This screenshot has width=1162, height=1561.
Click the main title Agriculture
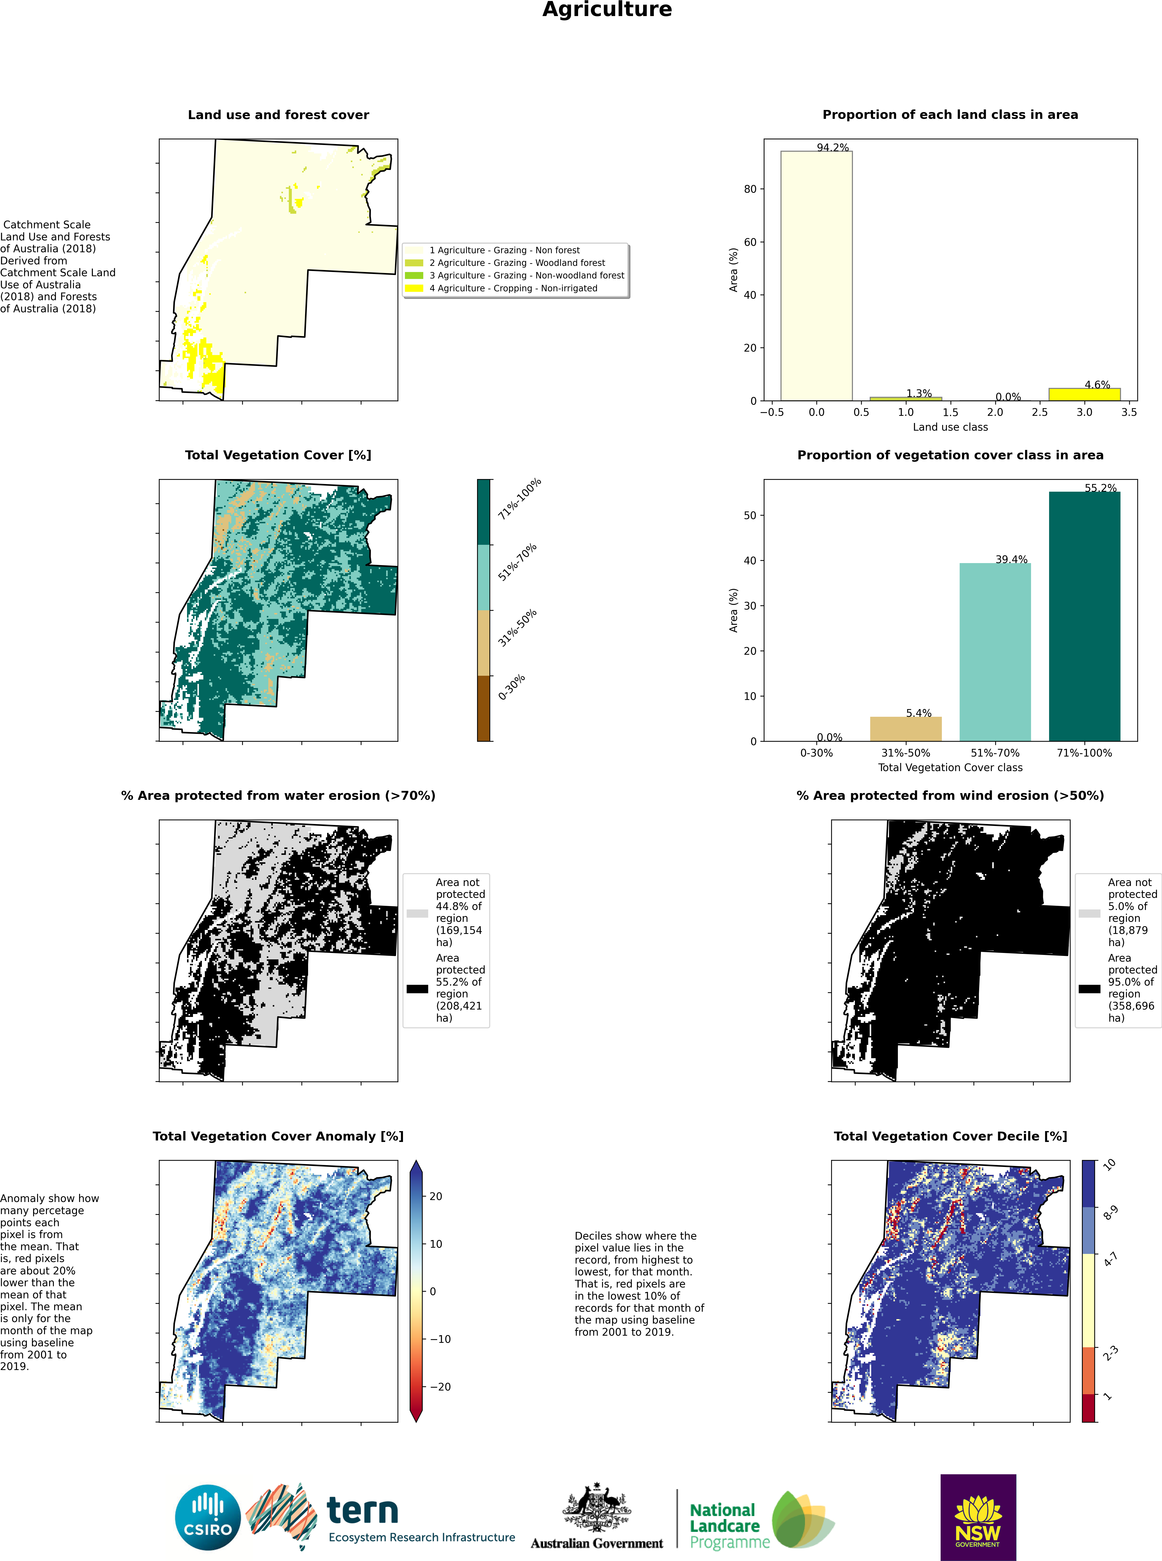(x=607, y=10)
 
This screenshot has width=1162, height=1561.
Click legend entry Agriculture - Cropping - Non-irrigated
(x=513, y=288)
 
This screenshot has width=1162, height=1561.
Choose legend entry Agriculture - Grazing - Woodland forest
(x=517, y=263)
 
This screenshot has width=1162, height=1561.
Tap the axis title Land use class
(x=950, y=427)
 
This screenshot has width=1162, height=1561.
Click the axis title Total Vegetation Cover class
(x=950, y=767)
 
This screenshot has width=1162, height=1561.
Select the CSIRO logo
(x=208, y=1517)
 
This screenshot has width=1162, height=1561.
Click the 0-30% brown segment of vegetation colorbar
(x=484, y=708)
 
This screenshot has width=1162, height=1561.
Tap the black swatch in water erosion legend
(x=417, y=989)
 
